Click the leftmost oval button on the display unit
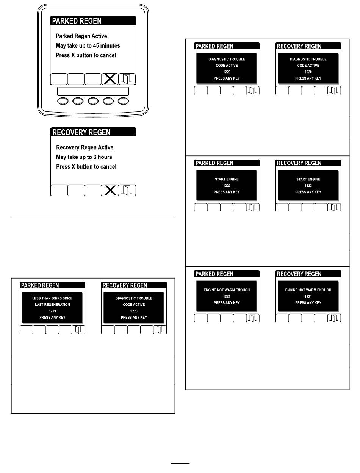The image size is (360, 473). pos(63,101)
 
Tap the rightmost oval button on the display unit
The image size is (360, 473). pos(123,101)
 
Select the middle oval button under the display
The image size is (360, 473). pos(93,101)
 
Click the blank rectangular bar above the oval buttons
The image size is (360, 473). pos(93,91)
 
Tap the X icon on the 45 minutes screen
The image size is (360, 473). pos(110,79)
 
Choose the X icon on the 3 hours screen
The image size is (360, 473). pos(110,191)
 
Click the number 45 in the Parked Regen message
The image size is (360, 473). pos(96,46)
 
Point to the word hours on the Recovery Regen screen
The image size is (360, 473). pos(105,157)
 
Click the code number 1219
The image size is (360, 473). pos(52,311)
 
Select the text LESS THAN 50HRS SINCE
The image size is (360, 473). pos(52,298)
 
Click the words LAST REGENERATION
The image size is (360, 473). pos(52,304)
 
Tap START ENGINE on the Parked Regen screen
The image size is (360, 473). pos(227,179)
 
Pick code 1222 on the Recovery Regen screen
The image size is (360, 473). pos(308,186)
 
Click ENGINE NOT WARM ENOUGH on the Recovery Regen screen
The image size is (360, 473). pos(308,290)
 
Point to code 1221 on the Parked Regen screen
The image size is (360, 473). pos(227,296)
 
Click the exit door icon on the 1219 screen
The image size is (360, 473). pos(78,329)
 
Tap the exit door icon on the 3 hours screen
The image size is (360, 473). pos(127,190)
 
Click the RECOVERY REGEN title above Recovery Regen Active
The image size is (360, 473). pos(81,132)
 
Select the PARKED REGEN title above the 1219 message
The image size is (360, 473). pos(40,285)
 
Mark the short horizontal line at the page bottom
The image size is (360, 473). pos(180,463)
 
